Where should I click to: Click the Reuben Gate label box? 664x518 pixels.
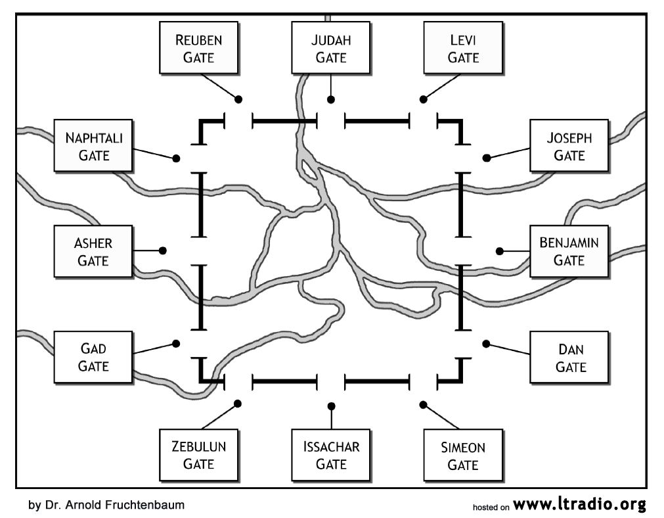[199, 48]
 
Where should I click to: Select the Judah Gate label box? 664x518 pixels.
[331, 48]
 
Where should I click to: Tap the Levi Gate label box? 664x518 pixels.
[463, 48]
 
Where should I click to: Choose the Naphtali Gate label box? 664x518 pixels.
[93, 146]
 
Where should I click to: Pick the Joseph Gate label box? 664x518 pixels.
[569, 146]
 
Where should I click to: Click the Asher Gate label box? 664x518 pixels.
[93, 251]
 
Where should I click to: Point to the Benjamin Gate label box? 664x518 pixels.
[569, 251]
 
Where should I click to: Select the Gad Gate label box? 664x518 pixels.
[93, 356]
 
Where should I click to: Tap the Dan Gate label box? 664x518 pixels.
[569, 356]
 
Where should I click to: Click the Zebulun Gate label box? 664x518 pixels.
[199, 455]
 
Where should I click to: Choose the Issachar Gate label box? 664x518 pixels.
[331, 455]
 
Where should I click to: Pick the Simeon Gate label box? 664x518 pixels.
[463, 455]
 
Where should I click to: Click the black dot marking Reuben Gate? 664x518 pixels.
[239, 99]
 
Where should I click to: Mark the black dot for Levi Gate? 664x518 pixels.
[424, 99]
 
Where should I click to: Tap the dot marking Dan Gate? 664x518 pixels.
[487, 343]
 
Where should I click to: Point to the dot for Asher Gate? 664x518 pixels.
[163, 250]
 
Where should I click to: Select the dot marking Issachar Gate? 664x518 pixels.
[331, 405]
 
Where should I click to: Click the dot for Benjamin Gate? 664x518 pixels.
[500, 250]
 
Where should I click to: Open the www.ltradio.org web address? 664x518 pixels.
[580, 504]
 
